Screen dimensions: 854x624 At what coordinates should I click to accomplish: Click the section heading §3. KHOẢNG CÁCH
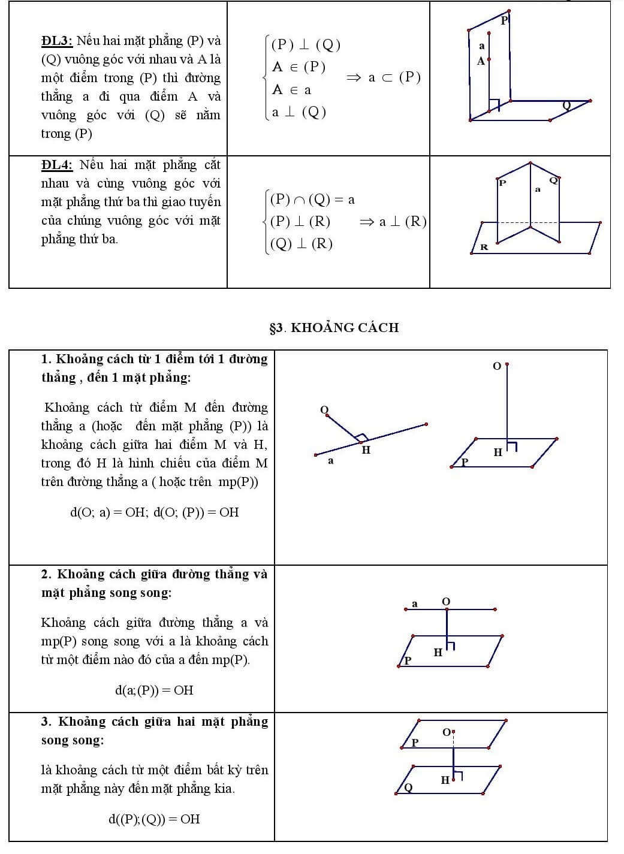pos(334,328)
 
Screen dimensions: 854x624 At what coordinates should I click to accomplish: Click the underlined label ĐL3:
pos(57,41)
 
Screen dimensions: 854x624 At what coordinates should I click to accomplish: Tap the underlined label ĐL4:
pos(57,165)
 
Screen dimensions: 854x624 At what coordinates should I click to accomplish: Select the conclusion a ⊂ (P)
pos(394,77)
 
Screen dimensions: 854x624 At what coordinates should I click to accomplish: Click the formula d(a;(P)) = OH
pos(154,690)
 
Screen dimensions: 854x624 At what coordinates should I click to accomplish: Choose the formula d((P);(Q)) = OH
pos(154,819)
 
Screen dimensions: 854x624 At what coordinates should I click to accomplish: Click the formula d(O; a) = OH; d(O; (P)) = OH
pos(154,512)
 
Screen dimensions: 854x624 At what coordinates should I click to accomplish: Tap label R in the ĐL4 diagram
pos(484,247)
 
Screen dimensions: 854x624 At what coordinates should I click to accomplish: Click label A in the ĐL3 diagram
pos(481,61)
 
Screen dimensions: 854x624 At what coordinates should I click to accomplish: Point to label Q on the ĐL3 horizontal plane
pos(566,105)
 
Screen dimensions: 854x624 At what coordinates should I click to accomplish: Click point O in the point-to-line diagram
pos(324,410)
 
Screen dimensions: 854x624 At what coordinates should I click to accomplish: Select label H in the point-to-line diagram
pos(366,450)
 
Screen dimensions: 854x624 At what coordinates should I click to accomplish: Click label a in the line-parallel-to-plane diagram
pos(415,603)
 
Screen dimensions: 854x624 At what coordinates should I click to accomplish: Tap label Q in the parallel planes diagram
pos(408,787)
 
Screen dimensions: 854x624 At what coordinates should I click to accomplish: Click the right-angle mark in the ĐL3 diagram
pos(494,105)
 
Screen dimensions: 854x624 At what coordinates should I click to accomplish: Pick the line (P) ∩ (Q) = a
pos(312,200)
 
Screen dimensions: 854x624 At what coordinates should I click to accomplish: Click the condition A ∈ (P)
pos(299,67)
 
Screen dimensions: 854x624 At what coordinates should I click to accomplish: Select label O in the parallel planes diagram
pos(447,732)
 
